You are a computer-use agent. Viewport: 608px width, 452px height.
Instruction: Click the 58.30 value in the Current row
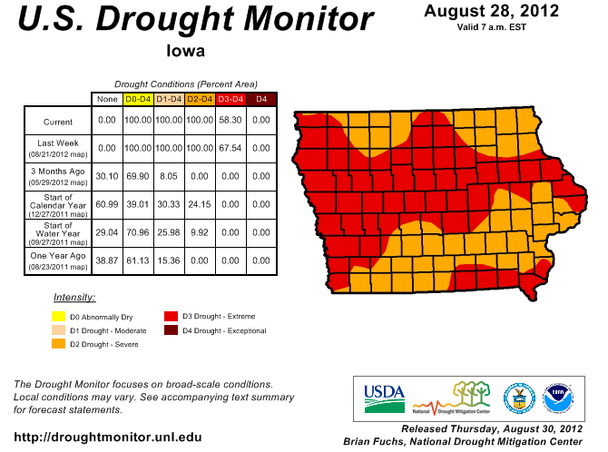coord(230,120)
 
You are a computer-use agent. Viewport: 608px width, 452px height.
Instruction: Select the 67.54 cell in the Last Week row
coord(230,148)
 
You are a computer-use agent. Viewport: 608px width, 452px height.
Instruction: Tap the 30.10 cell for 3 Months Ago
coord(107,176)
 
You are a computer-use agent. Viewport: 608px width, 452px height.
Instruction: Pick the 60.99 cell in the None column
coord(107,204)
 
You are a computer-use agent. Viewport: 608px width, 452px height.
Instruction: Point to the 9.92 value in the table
coord(200,232)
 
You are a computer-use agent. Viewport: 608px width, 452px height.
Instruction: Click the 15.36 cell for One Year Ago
coord(169,260)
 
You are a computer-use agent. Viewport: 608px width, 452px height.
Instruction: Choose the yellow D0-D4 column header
coord(138,98)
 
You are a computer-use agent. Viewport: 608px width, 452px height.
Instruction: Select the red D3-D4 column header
coord(230,98)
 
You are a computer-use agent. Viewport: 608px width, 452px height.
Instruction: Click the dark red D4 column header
coord(261,98)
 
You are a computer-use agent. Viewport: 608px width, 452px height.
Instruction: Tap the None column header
coord(107,98)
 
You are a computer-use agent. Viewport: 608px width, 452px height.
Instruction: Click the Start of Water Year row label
coord(57,231)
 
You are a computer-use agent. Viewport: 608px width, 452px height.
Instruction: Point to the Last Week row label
coord(57,148)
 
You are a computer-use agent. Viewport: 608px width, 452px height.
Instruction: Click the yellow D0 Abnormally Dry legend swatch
coord(58,316)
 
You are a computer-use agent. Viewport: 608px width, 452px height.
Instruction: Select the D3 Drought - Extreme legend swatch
coord(170,316)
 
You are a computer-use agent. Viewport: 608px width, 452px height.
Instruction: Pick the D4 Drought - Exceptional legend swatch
coord(170,330)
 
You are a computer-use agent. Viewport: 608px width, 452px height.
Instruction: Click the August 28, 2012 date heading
coord(491,12)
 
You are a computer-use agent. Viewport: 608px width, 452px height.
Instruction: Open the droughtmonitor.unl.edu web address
coord(108,437)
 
